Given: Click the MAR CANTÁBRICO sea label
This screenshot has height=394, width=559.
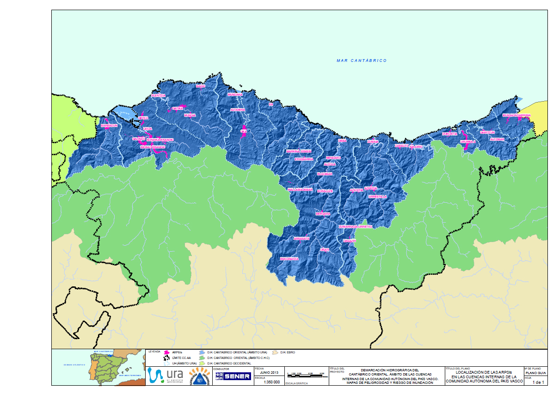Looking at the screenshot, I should pos(362,61).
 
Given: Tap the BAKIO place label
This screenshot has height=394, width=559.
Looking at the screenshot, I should pos(200,86).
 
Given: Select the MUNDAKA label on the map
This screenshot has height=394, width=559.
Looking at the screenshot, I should pos(235,95).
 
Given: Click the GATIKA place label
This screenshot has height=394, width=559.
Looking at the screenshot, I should pos(178,109).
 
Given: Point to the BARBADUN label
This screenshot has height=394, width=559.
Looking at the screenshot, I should pos(110,126).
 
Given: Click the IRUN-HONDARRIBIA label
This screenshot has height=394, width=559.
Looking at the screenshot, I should pos(516,115).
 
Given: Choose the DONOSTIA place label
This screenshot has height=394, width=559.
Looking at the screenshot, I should pos(449,133).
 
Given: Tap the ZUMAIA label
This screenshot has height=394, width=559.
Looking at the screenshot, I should pos(373,142).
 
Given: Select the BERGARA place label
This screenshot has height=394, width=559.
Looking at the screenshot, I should pos(323,214).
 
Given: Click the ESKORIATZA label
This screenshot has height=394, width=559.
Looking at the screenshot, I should pos(289,259).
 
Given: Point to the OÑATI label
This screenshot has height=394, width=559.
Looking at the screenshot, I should pos(325,250).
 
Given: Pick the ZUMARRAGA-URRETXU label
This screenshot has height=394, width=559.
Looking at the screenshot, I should pos(356,227).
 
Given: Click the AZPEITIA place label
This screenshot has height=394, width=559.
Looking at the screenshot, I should pos(371,188).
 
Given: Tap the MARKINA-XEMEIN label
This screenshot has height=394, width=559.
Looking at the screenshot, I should pos(299,152).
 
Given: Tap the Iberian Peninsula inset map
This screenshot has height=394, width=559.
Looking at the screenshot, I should pos(99,367).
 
